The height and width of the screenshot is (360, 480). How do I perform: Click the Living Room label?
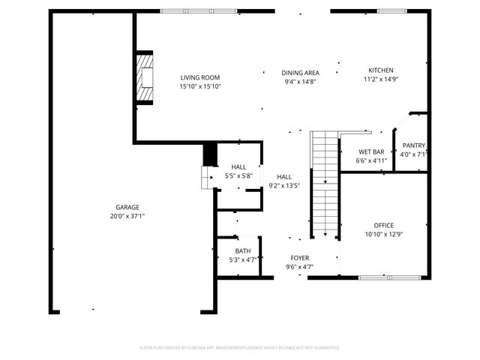pos(200,77)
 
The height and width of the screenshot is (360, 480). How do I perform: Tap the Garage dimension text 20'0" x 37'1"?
pos(127,216)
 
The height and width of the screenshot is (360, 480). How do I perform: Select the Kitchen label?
pos(379,70)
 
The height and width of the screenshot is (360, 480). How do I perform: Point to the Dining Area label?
pos(300,73)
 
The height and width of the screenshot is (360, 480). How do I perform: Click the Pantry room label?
pos(414,145)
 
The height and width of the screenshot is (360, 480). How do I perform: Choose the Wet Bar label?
pos(371,151)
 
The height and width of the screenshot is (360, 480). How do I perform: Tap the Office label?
pos(384,225)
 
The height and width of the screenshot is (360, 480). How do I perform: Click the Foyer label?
pos(299,258)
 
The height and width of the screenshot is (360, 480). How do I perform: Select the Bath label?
pos(243,251)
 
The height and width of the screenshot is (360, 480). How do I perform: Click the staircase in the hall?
pos(325,184)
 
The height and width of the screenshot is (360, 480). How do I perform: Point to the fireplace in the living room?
pos(143,77)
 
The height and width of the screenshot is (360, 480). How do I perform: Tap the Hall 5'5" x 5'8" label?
pos(238,167)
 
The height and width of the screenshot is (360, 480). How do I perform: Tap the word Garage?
pos(127,208)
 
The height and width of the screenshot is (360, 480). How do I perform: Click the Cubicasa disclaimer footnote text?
pos(240,348)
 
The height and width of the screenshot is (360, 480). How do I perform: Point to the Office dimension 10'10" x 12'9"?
pos(384,234)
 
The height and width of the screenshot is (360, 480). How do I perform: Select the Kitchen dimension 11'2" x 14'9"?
pos(379,79)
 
